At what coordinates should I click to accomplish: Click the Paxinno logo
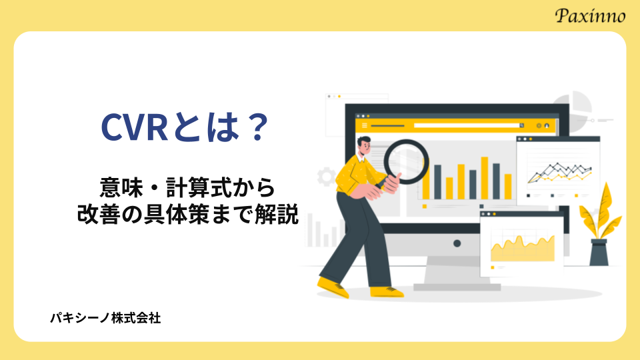(x=590, y=15)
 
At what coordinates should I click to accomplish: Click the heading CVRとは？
(x=185, y=128)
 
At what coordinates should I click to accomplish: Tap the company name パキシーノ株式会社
(x=105, y=318)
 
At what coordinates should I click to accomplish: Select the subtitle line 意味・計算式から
(x=188, y=188)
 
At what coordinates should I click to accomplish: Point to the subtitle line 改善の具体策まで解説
(x=188, y=214)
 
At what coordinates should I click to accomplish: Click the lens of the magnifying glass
(x=406, y=162)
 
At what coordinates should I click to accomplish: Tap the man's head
(x=365, y=145)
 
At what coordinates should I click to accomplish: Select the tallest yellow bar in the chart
(x=485, y=178)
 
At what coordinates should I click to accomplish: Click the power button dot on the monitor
(x=457, y=244)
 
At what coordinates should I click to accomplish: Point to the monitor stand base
(x=457, y=287)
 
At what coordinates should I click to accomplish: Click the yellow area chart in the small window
(x=523, y=249)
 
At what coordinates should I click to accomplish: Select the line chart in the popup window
(x=559, y=172)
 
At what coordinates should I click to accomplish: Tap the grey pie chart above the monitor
(x=572, y=107)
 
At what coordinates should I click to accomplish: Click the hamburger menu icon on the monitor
(x=365, y=126)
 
